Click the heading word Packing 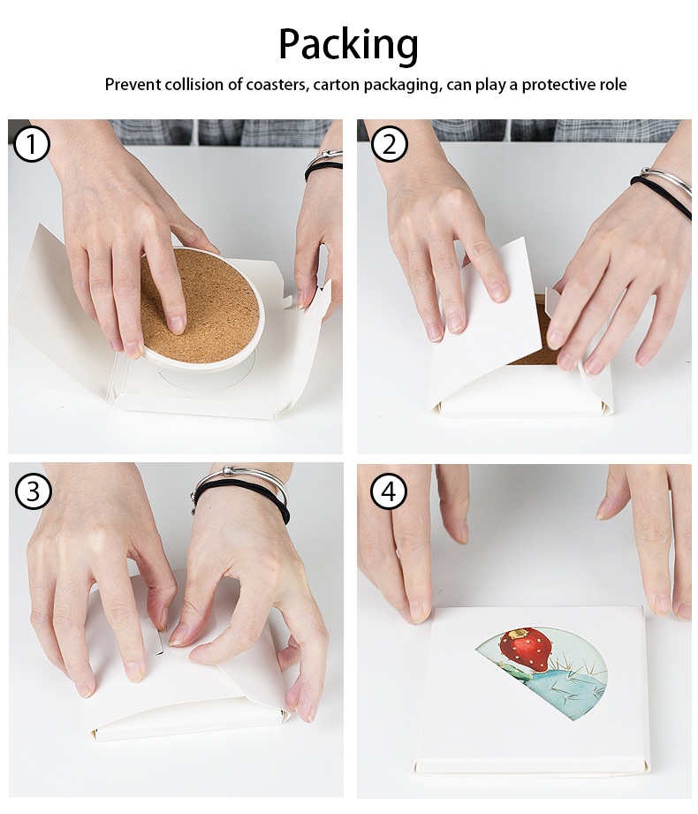[348, 45]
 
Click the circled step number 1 [31, 144]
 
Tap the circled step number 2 [390, 144]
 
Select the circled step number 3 [33, 491]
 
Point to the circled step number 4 [390, 491]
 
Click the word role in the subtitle [613, 85]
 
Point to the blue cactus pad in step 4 [571, 690]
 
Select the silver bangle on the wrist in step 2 [667, 185]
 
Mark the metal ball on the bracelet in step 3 [228, 471]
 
